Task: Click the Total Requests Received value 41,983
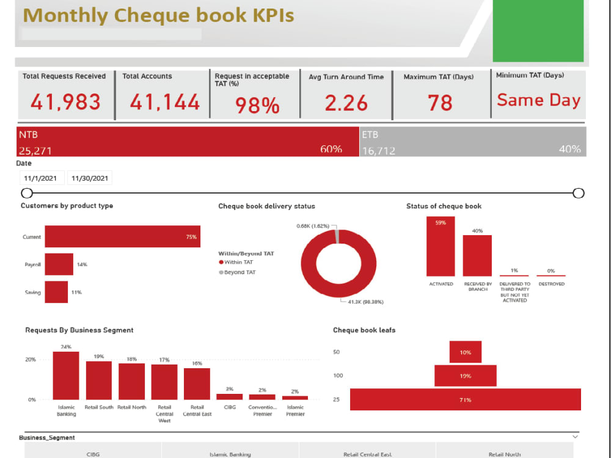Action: (x=65, y=102)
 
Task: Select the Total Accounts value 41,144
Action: (x=164, y=102)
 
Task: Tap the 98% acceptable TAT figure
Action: (x=257, y=105)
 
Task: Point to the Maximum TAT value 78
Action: (x=440, y=103)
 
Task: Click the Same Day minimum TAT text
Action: (x=538, y=100)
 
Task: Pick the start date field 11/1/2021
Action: (x=40, y=178)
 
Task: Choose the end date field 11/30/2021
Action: (x=89, y=178)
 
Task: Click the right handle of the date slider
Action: (x=578, y=194)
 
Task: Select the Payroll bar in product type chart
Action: (x=59, y=264)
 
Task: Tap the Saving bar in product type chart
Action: (x=56, y=292)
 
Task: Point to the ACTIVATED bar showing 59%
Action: (x=441, y=247)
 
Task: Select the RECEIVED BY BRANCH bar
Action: (x=477, y=255)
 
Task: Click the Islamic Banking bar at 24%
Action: (x=66, y=376)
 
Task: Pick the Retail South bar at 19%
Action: (x=98, y=380)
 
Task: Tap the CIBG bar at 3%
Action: (x=229, y=396)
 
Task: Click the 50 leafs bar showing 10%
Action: (x=465, y=352)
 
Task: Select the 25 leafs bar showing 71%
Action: (x=465, y=399)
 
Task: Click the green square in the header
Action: (x=538, y=31)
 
